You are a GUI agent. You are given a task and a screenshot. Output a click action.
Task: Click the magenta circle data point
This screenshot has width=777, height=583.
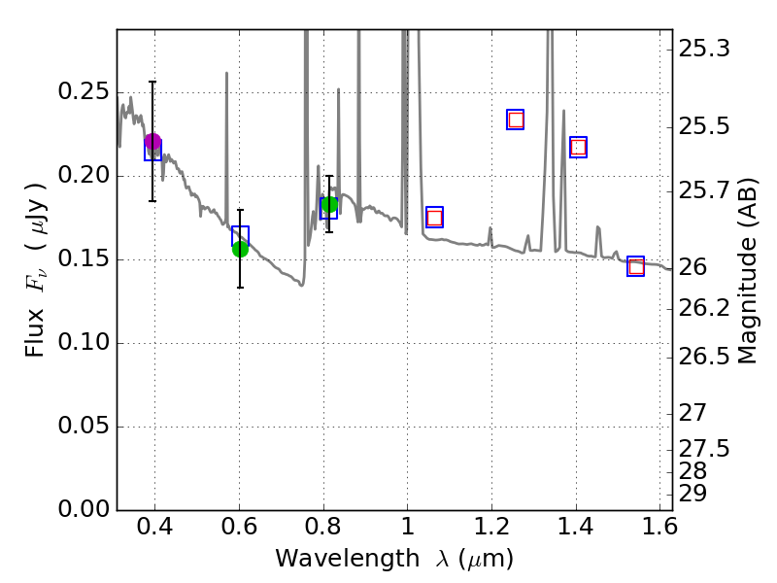tap(152, 142)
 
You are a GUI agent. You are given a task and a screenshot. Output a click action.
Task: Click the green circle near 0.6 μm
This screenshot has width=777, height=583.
tap(240, 249)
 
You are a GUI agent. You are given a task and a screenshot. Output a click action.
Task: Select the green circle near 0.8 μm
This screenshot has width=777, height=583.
tap(329, 204)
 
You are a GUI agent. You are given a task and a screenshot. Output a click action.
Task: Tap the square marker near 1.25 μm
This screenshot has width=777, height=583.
tap(516, 120)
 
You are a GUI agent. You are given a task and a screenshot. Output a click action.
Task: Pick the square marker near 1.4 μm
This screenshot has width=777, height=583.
tap(579, 147)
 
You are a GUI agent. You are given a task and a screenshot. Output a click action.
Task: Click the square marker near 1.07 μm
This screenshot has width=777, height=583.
tap(434, 217)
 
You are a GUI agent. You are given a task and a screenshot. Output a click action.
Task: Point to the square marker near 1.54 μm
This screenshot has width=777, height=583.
tap(635, 266)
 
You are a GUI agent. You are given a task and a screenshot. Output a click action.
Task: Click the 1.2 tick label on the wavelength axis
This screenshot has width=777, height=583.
tap(491, 531)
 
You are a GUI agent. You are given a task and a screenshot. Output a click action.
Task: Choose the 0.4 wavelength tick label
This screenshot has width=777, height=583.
tap(155, 531)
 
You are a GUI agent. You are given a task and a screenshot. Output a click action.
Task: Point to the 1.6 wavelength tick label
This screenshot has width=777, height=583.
tap(659, 531)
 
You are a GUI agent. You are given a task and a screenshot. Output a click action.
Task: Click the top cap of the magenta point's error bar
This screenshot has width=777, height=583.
tap(152, 83)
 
